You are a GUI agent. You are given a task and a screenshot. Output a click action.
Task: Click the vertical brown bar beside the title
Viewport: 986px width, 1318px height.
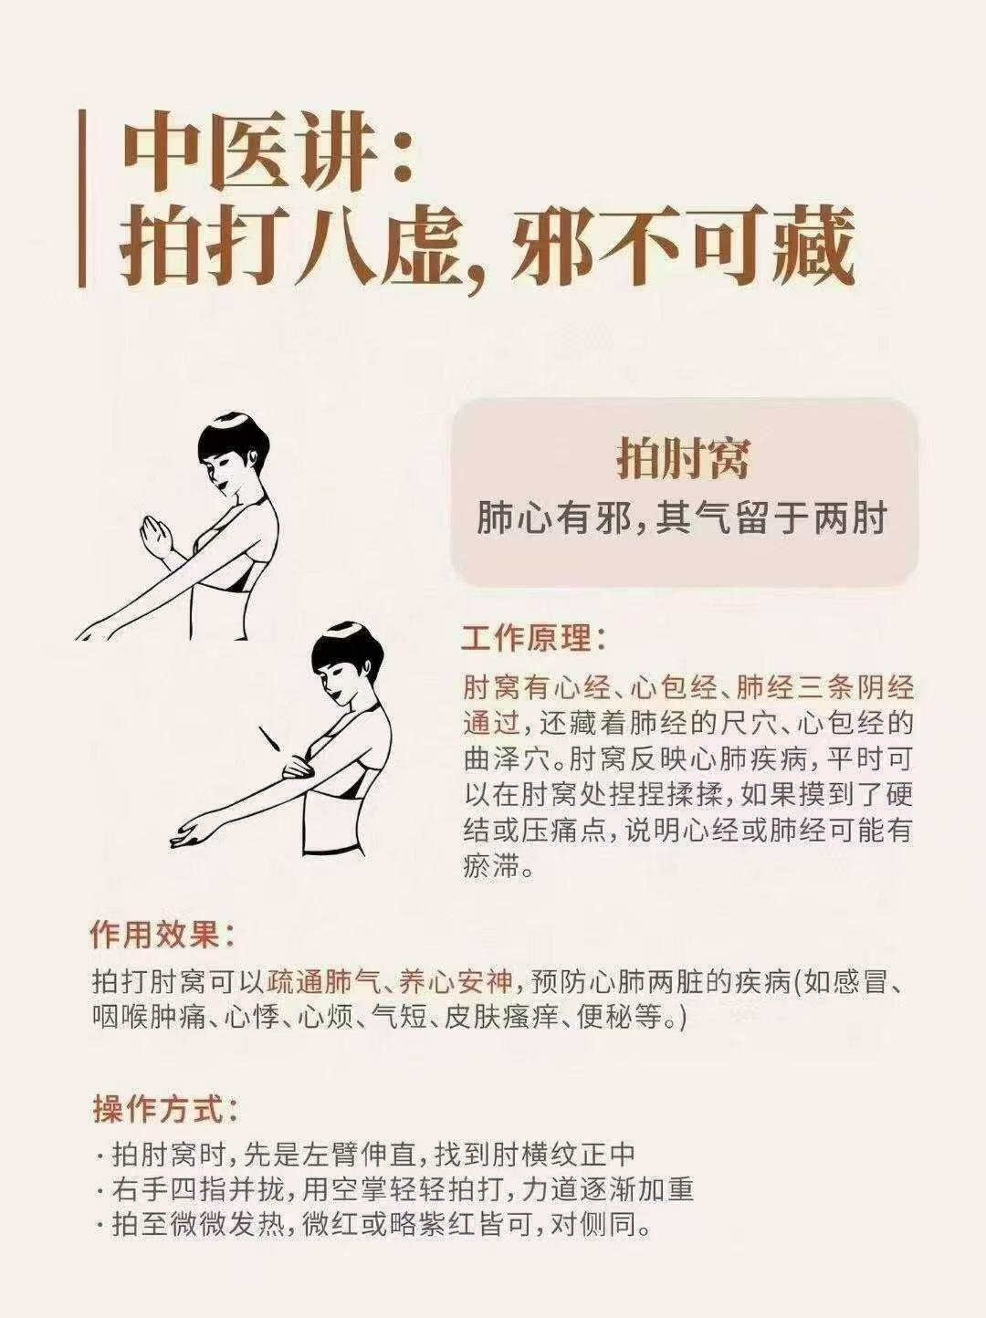click(x=82, y=199)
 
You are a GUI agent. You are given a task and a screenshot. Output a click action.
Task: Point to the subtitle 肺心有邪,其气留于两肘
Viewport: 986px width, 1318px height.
click(x=682, y=518)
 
